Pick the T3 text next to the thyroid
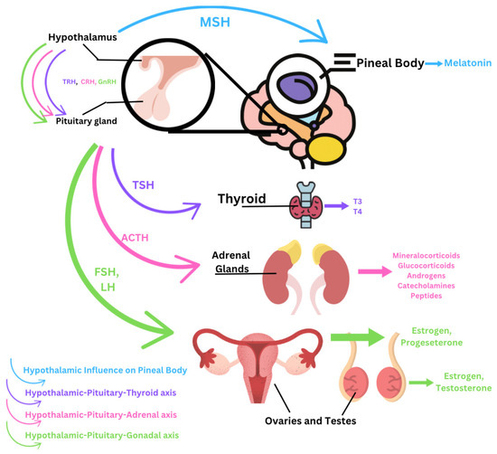coord(357,203)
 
